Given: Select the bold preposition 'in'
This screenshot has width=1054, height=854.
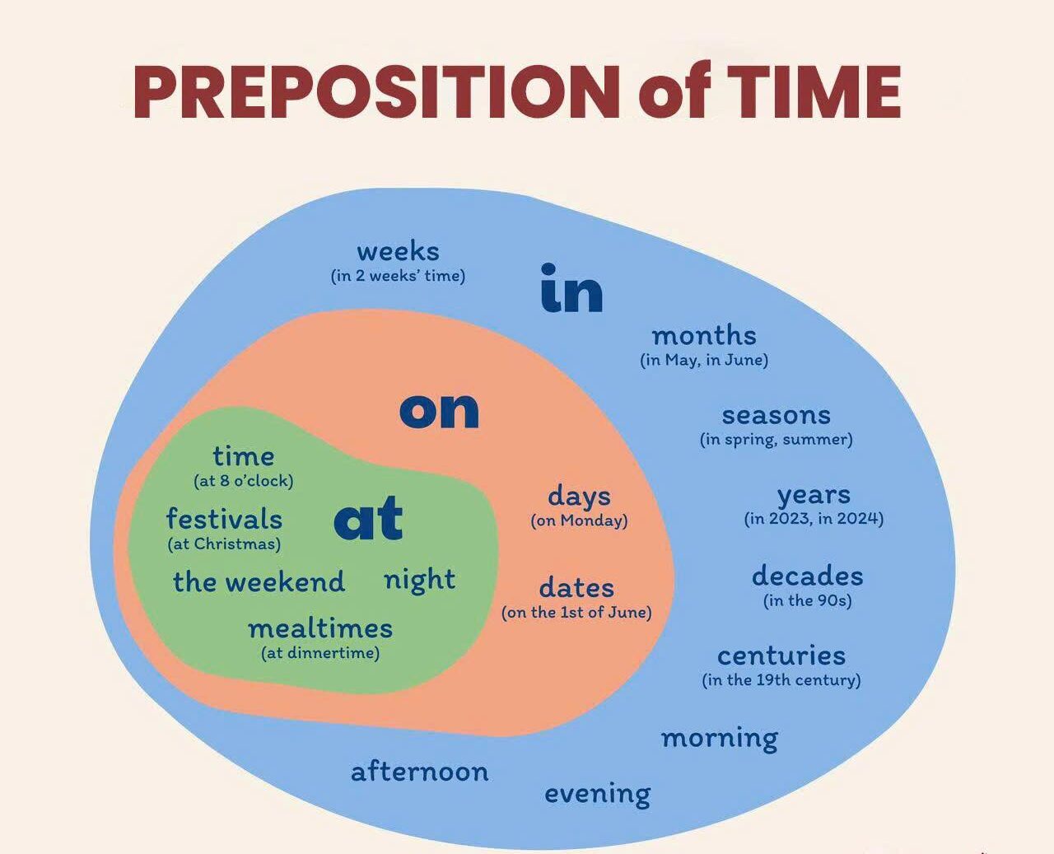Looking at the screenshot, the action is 571,288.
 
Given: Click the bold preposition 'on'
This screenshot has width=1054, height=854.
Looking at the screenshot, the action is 439,411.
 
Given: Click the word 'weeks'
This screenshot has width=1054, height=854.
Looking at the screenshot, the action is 398,251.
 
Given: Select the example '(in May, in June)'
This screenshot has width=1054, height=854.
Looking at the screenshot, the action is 704,360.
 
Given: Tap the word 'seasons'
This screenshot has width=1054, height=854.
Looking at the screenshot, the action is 776,416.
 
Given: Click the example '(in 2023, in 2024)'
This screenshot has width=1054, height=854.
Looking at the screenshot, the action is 814,519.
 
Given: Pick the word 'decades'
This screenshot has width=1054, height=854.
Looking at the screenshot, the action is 807,576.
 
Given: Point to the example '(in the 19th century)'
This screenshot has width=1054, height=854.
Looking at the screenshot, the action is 781,679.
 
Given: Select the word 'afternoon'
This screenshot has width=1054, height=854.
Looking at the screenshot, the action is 420,772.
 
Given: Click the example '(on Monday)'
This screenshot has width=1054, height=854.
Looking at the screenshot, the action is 579,520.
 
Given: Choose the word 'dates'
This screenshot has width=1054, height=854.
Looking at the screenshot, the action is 576,588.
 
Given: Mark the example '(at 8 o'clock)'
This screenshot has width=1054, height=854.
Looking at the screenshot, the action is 244,480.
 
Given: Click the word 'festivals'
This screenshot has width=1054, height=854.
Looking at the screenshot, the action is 224,518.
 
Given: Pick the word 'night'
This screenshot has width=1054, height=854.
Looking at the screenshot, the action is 420,580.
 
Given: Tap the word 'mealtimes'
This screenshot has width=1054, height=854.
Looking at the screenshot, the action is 320,629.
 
